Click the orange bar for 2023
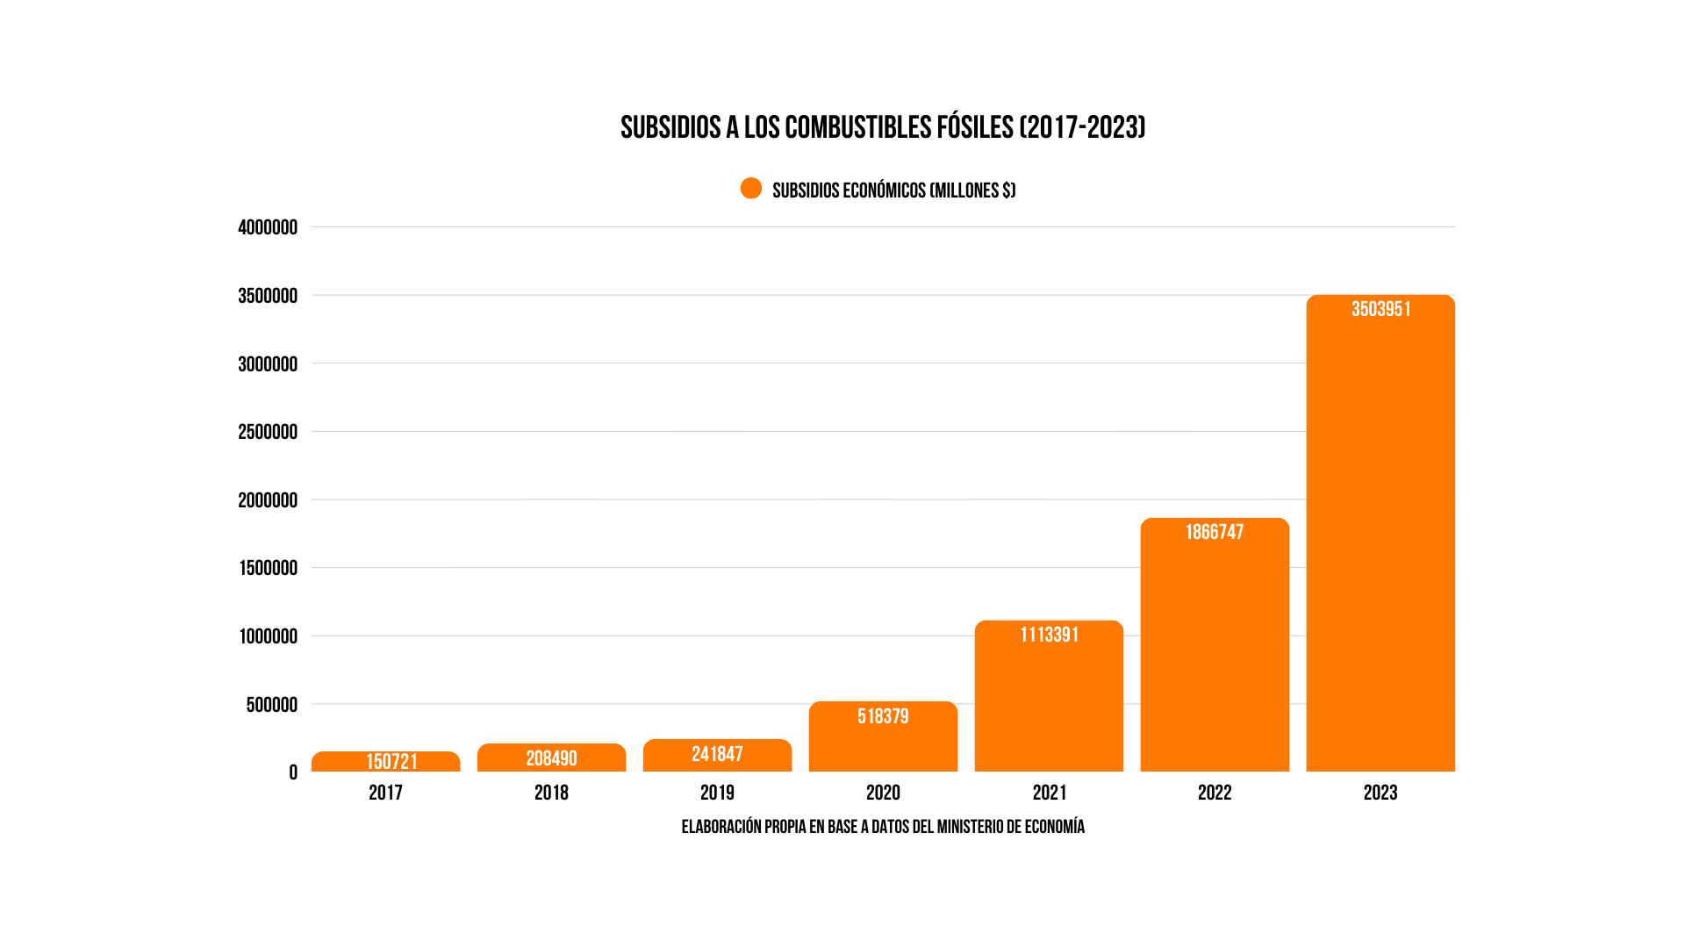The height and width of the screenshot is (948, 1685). (x=1380, y=544)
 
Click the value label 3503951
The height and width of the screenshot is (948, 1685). (x=1380, y=309)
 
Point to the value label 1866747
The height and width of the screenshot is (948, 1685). (x=1215, y=532)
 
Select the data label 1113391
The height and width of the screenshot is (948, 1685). (x=1049, y=635)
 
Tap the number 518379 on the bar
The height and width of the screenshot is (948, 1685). (x=883, y=716)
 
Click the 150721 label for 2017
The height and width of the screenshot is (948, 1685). (x=391, y=761)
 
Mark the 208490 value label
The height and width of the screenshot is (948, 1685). (x=551, y=758)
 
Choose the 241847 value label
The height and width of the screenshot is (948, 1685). (x=717, y=754)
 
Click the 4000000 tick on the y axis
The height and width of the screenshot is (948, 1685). (x=268, y=227)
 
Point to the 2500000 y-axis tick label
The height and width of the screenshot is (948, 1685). (x=268, y=432)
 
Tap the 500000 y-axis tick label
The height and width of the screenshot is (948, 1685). (x=271, y=705)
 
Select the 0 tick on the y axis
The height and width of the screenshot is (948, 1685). (x=293, y=772)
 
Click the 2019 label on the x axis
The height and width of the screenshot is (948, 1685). (x=717, y=793)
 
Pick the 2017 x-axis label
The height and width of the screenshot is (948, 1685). (x=385, y=793)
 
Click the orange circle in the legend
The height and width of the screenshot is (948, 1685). (x=751, y=189)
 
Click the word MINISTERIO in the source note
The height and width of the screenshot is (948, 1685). (x=970, y=827)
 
